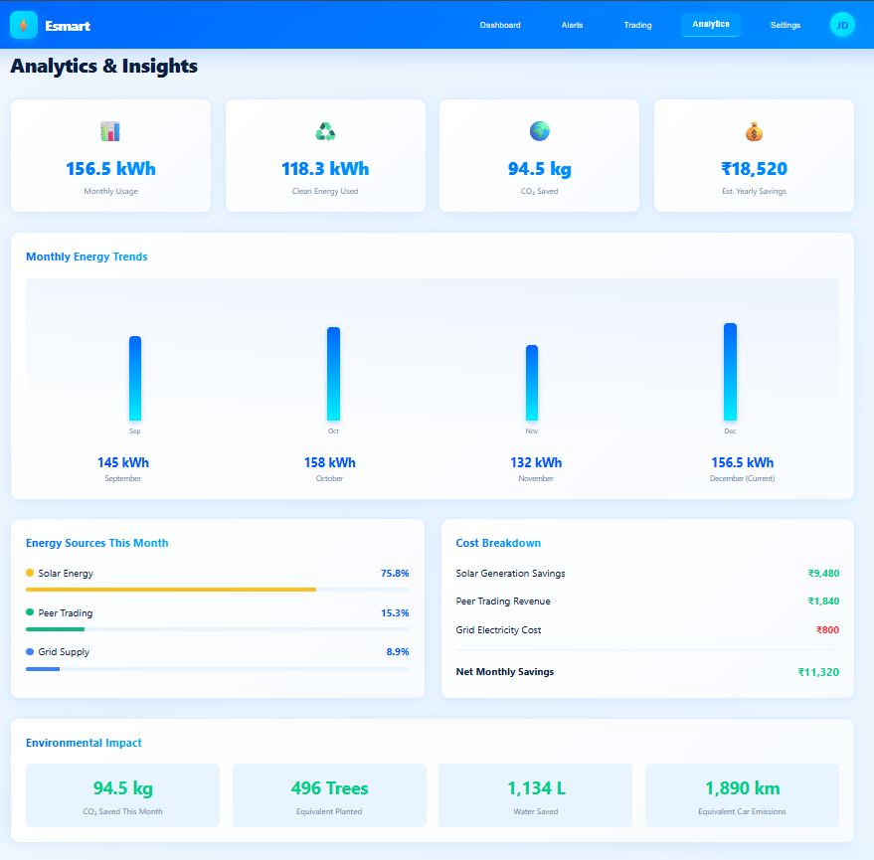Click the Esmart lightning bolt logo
[24, 25]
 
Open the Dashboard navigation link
[500, 25]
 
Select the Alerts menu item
[572, 25]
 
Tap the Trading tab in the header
[637, 25]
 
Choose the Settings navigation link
[785, 25]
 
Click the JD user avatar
[842, 25]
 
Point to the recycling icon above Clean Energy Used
[325, 131]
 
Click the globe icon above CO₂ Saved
[539, 131]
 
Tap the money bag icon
[754, 131]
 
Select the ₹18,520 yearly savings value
[754, 169]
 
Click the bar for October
[333, 374]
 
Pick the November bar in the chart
[532, 383]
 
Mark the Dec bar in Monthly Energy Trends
[730, 372]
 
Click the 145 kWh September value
[123, 462]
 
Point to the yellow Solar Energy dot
[30, 573]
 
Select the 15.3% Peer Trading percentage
[395, 613]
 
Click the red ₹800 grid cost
[827, 630]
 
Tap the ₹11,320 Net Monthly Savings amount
[818, 672]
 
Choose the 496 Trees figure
[329, 788]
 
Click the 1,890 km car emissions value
[742, 788]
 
